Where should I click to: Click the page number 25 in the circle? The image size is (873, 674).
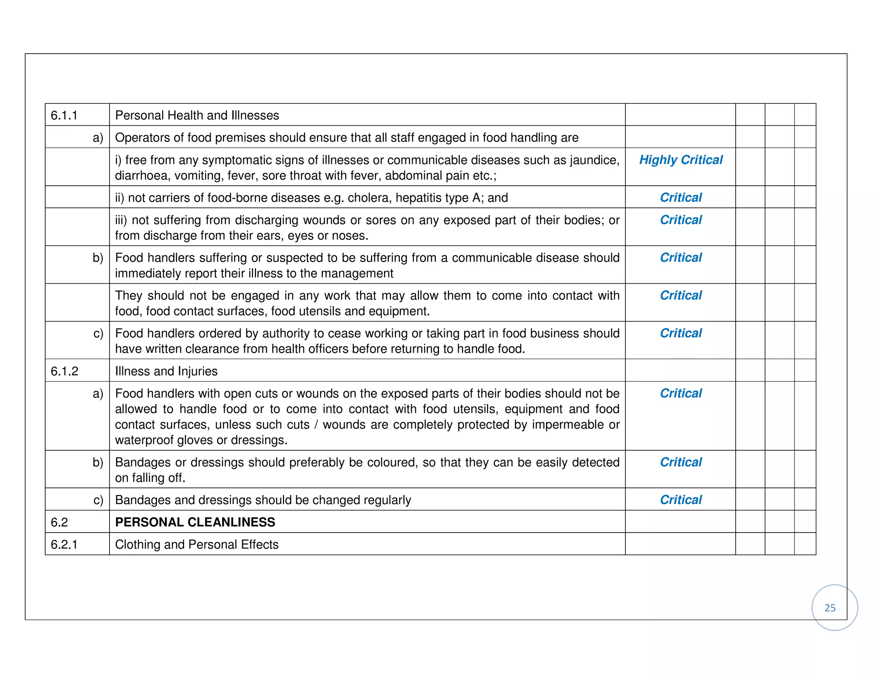(x=830, y=608)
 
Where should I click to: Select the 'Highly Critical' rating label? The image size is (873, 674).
(x=681, y=160)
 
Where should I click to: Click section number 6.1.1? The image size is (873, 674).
(x=64, y=115)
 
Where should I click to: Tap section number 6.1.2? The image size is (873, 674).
(x=64, y=371)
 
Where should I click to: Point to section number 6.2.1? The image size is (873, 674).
(x=64, y=544)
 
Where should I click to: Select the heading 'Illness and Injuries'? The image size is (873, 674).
(x=166, y=371)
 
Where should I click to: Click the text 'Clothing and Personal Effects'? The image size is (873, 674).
(x=197, y=544)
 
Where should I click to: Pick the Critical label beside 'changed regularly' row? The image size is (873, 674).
(x=681, y=500)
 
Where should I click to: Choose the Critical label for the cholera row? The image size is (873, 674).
(x=681, y=198)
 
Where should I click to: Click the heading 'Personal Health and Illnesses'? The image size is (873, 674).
(x=197, y=115)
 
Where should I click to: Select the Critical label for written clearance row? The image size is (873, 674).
(x=681, y=333)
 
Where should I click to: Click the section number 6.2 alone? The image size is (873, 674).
(x=59, y=522)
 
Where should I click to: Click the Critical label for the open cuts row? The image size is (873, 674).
(x=681, y=393)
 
